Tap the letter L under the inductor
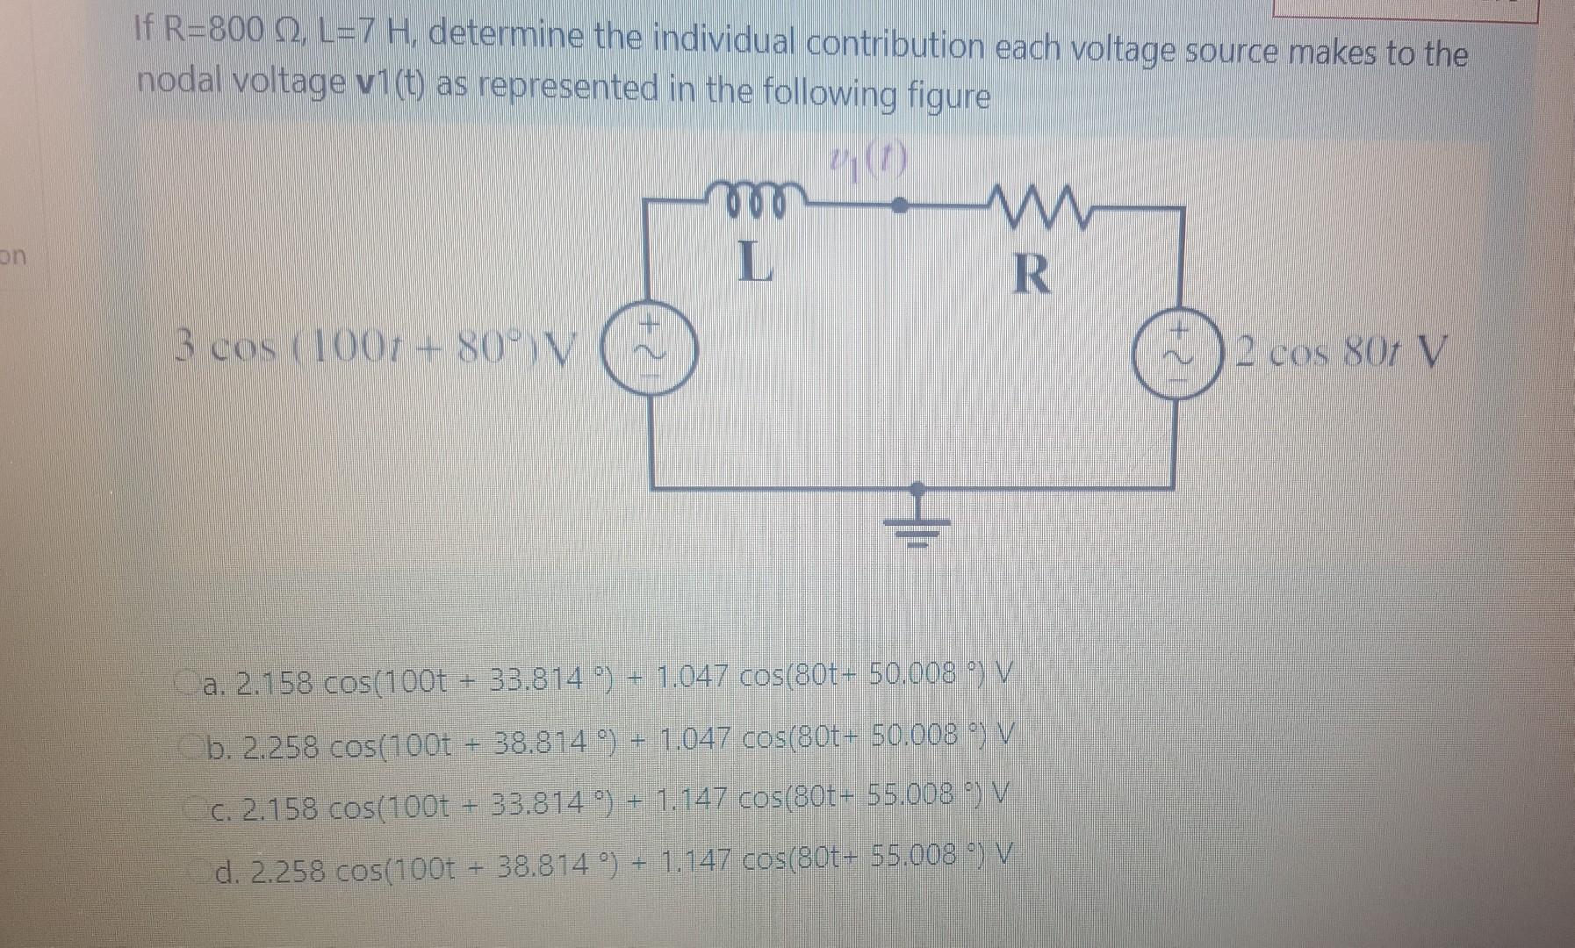754,261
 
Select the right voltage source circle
1176,355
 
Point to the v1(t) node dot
900,205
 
